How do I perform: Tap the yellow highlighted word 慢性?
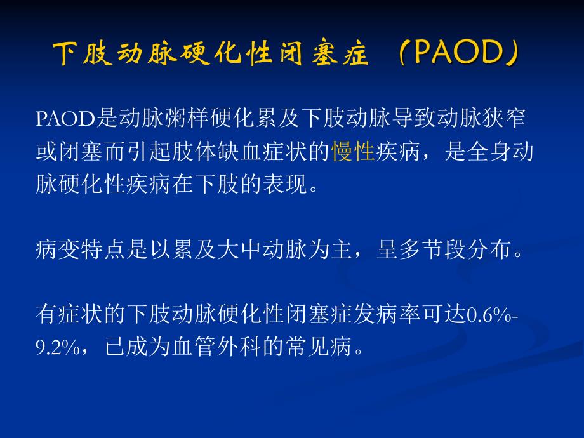click(x=353, y=152)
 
